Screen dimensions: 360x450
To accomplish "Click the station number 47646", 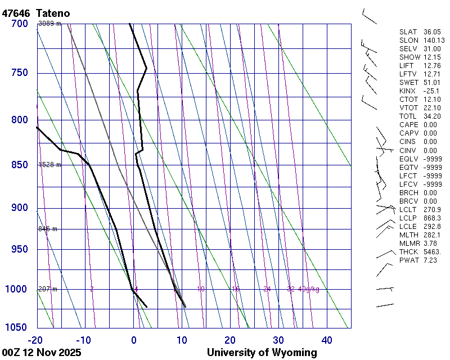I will coord(16,12).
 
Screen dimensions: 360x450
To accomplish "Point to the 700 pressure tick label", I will coord(19,24).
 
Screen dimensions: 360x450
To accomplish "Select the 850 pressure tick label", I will coord(19,165).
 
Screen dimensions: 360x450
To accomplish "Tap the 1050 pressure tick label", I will coord(16,328).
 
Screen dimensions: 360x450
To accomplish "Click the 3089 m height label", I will coord(49,23).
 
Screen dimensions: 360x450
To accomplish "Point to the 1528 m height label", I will coord(49,165).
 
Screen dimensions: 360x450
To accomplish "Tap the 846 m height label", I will coord(48,229).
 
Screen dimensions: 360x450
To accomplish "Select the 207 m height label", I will coord(48,289).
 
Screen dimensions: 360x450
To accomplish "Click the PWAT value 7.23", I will coord(430,260).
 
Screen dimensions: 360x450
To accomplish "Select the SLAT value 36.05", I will coord(431,32).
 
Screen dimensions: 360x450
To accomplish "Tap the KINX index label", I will coord(407,91).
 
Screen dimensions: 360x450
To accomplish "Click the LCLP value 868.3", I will coord(431,218).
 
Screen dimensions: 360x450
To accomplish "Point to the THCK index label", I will coord(408,252).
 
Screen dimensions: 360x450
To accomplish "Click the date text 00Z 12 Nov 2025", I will coord(41,353).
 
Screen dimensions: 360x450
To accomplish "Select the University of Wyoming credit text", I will coord(262,353).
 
